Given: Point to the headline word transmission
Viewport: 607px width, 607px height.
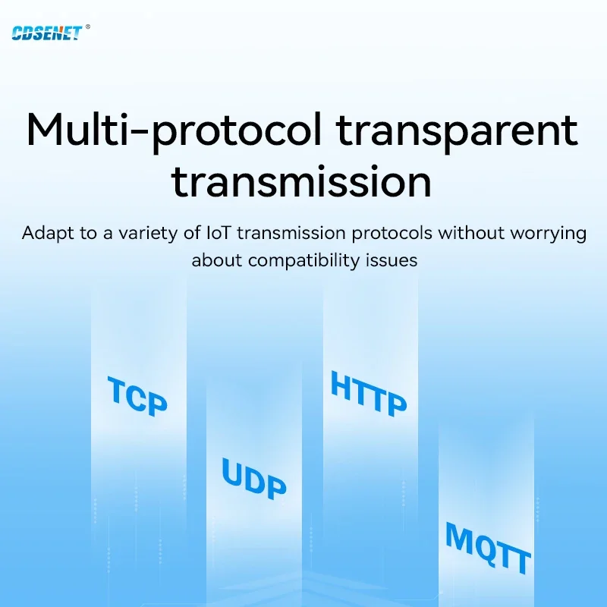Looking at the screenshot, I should pos(301,181).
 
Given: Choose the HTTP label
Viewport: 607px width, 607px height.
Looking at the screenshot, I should pos(369,394).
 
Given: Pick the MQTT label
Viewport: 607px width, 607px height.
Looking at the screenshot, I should pos(488,547).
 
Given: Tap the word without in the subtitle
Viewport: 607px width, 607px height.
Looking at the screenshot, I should pos(469,233).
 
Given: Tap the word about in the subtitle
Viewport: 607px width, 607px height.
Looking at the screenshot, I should pos(217,259).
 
